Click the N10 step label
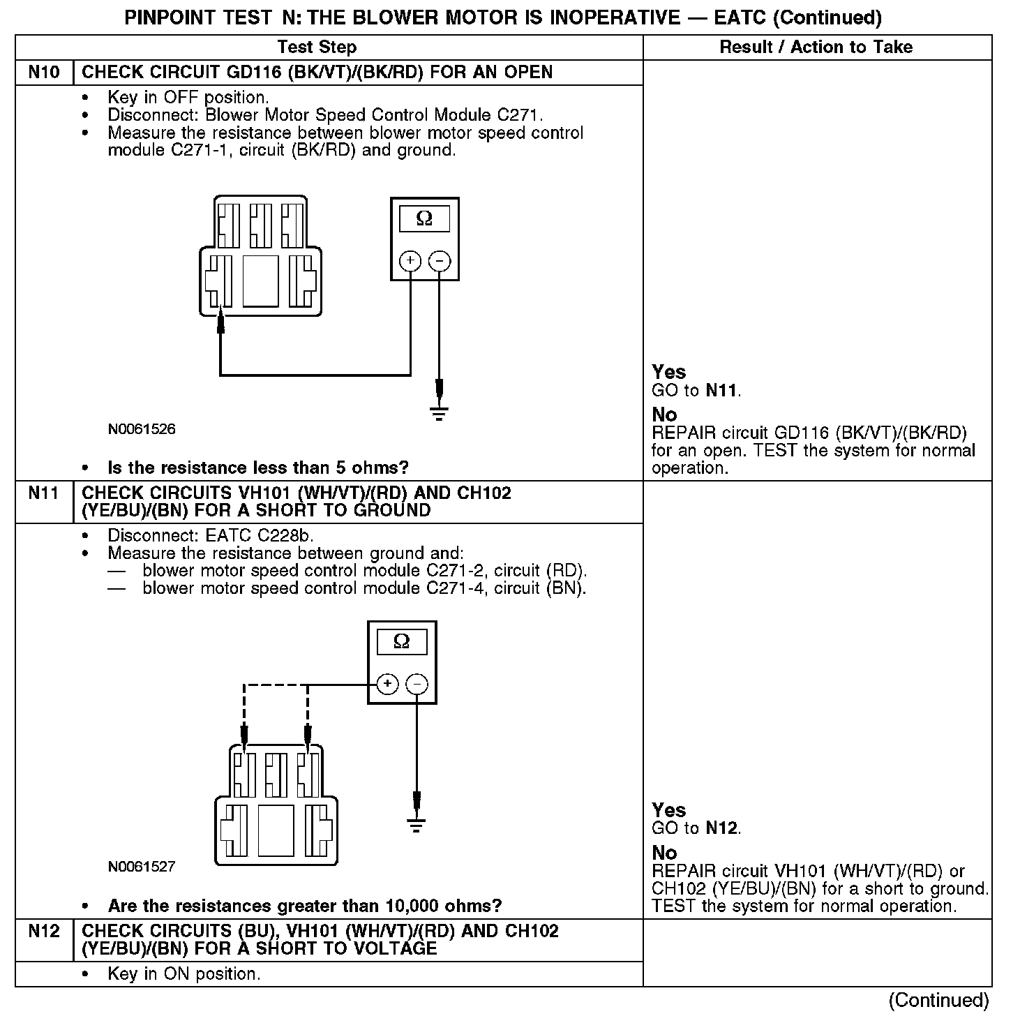44,73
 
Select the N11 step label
44,493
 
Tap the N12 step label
44,932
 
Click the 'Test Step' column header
317,47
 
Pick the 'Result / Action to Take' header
816,47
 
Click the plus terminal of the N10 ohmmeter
410,261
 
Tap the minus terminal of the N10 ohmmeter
439,261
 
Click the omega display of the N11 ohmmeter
401,641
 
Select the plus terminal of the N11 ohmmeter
388,684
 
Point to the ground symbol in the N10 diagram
439,414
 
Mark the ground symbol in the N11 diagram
417,827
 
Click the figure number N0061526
142,429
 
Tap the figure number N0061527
142,867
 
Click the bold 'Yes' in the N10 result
668,372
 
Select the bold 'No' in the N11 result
664,853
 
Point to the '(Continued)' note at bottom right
938,1000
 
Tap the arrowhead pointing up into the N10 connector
220,322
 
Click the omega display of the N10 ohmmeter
424,219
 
